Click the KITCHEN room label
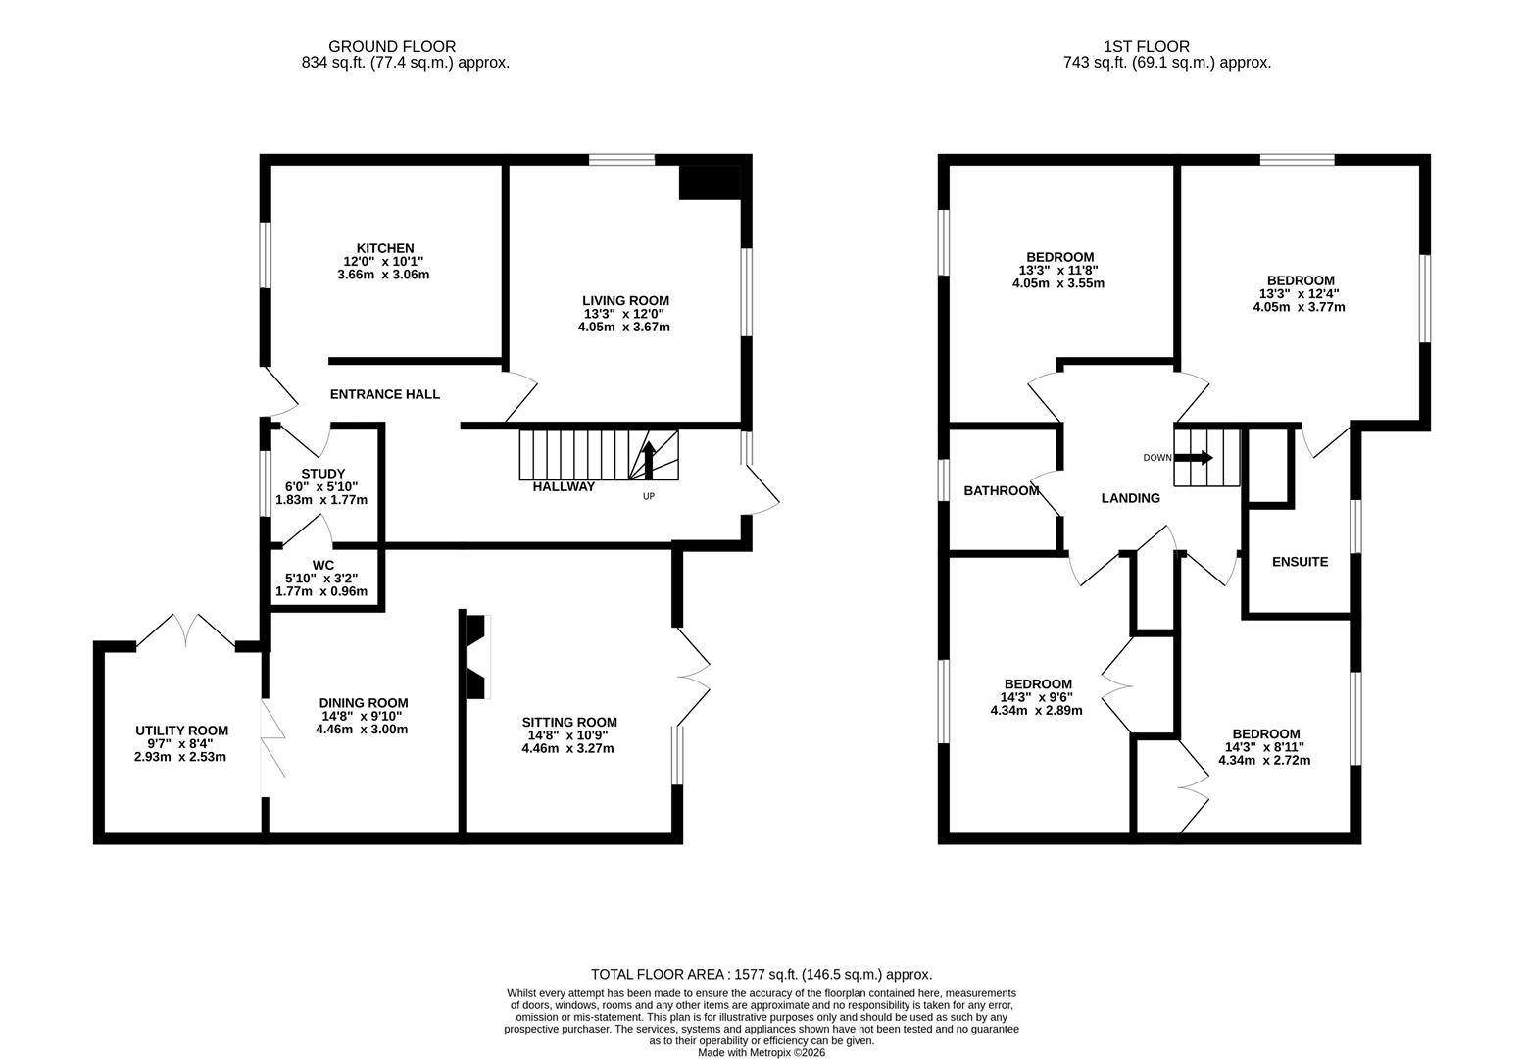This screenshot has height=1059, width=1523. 384,249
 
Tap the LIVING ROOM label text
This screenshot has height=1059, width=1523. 625,301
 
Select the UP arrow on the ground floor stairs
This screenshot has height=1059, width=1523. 647,460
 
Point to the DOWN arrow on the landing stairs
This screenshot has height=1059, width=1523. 1194,458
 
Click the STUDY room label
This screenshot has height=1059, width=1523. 322,475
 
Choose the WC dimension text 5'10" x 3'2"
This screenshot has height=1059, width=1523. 322,579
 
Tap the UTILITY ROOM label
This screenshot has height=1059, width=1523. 181,731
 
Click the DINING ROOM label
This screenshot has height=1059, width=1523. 363,703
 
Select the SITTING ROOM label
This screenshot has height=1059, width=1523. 569,723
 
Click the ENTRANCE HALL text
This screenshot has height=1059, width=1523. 384,394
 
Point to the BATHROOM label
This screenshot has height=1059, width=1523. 1001,490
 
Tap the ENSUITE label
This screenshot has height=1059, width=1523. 1300,562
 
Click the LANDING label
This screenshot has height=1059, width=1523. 1130,498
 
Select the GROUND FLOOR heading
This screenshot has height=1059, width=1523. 391,46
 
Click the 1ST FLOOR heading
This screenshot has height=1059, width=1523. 1146,46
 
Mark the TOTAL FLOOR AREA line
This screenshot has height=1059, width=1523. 761,975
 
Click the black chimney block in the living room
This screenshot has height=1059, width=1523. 710,183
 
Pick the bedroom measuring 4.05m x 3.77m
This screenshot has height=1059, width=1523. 1300,293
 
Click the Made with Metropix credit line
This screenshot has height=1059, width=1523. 761,1052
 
